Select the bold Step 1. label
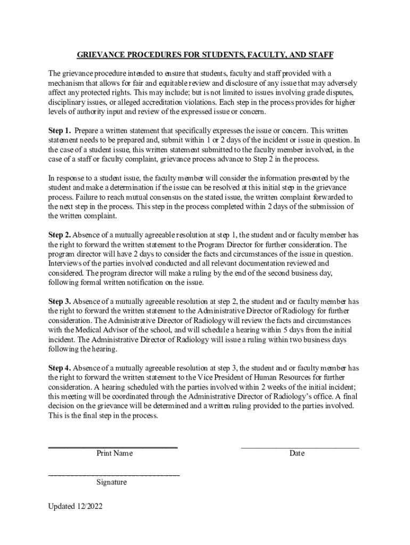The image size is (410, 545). pos(60,130)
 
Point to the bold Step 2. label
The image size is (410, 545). pos(60,235)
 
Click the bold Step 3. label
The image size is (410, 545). pos(60,302)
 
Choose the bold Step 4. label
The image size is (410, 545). pos(60,368)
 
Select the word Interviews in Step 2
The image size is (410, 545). pos(65,263)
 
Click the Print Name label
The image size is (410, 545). pos(114,453)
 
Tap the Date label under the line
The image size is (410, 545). pos(297,453)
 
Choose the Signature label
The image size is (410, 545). pos(111,482)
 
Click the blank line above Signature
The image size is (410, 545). pos(114,473)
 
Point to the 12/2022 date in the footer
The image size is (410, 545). pos(89,506)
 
